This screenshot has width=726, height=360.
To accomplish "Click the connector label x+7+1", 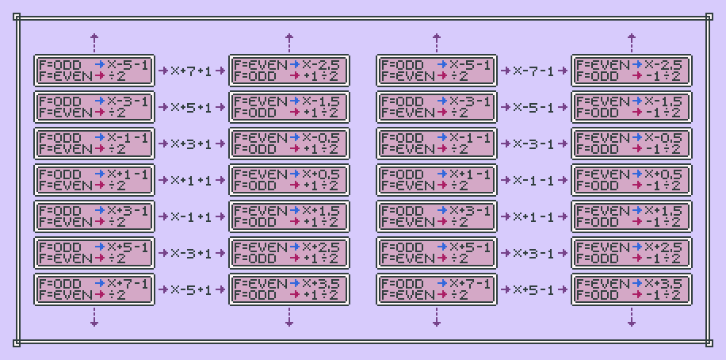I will pyautogui.click(x=192, y=71).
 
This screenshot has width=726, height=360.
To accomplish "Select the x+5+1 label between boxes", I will pyautogui.click(x=192, y=107).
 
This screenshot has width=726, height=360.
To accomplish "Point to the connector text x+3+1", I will pyautogui.click(x=192, y=144).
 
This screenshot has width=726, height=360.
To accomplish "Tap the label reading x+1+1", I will pyautogui.click(x=192, y=180).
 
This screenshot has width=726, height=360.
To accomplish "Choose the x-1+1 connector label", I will pyautogui.click(x=192, y=216).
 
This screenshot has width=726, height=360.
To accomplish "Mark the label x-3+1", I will pyautogui.click(x=192, y=253).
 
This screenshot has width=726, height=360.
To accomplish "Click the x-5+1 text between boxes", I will pyautogui.click(x=192, y=289).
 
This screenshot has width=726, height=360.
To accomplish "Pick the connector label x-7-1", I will pyautogui.click(x=534, y=71).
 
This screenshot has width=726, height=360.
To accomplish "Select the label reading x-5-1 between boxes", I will pyautogui.click(x=534, y=107).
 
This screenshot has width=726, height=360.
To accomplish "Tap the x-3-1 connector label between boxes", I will pyautogui.click(x=534, y=144).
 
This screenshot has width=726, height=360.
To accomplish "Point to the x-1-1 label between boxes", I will pyautogui.click(x=534, y=180).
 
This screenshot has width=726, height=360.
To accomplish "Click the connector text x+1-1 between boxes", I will pyautogui.click(x=534, y=216).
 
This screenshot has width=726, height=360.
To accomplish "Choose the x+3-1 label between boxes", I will pyautogui.click(x=534, y=253).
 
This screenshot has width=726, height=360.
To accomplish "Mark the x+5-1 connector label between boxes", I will pyautogui.click(x=534, y=289).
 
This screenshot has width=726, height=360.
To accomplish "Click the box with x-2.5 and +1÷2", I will pyautogui.click(x=288, y=71).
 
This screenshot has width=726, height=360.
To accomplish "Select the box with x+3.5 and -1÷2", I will pyautogui.click(x=631, y=289).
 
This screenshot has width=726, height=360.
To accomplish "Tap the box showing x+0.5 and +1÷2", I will pyautogui.click(x=288, y=180).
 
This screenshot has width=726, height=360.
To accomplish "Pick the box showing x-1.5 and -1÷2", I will pyautogui.click(x=631, y=107).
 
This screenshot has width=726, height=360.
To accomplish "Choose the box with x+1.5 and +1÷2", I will pyautogui.click(x=288, y=216).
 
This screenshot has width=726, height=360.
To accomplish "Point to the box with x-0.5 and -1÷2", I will pyautogui.click(x=631, y=144).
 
